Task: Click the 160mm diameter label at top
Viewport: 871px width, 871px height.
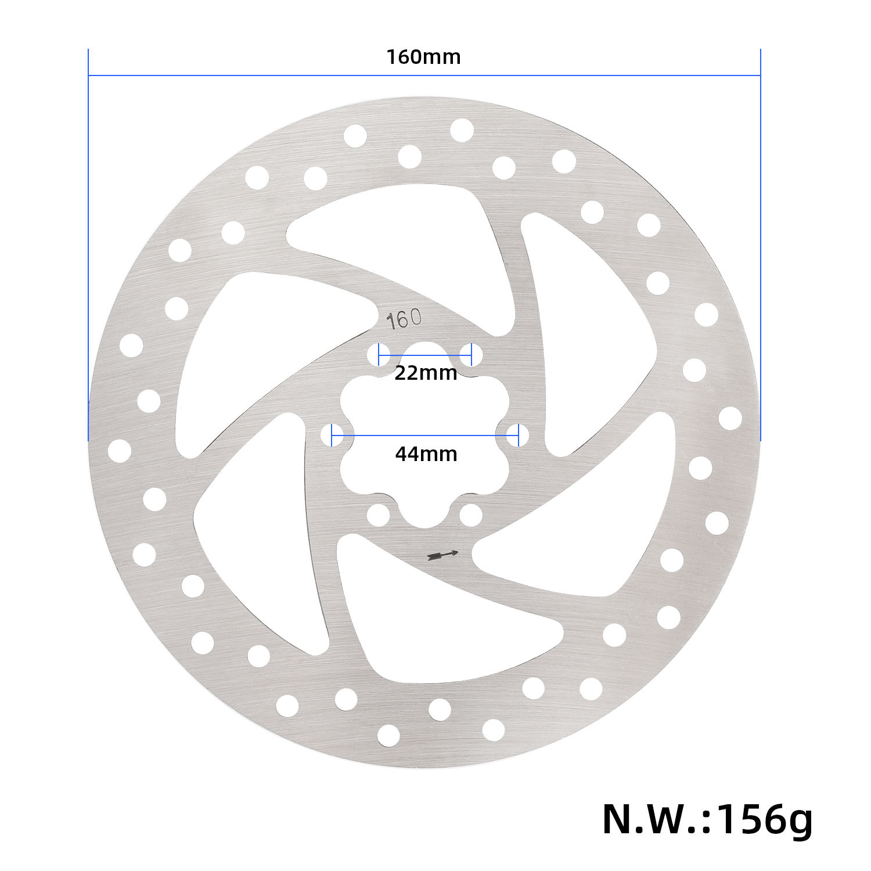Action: [423, 57]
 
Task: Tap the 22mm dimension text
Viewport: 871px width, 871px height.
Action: [426, 373]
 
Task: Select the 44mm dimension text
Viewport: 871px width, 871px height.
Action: [426, 454]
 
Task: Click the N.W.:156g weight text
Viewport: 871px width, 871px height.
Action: [707, 819]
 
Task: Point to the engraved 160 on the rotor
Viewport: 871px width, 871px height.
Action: [404, 319]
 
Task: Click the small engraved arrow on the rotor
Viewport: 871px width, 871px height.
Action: [442, 555]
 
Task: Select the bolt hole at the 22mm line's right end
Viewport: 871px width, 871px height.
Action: [471, 355]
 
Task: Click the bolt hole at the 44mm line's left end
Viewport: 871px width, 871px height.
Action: [332, 435]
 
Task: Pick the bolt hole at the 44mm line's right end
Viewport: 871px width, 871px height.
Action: [517, 435]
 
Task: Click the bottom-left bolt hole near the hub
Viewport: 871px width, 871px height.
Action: [378, 515]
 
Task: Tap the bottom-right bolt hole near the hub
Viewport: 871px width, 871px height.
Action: [470, 515]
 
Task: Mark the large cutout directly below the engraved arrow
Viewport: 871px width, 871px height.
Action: [441, 627]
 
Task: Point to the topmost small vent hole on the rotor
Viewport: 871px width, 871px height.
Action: [462, 130]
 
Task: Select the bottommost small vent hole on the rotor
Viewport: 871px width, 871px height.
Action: [388, 736]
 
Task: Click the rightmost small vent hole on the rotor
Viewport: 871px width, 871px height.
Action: [730, 418]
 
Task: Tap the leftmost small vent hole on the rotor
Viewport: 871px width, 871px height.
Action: [120, 451]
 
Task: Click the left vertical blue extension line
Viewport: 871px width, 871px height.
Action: [88, 244]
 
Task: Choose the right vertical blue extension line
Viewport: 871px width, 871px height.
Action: [760, 244]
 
